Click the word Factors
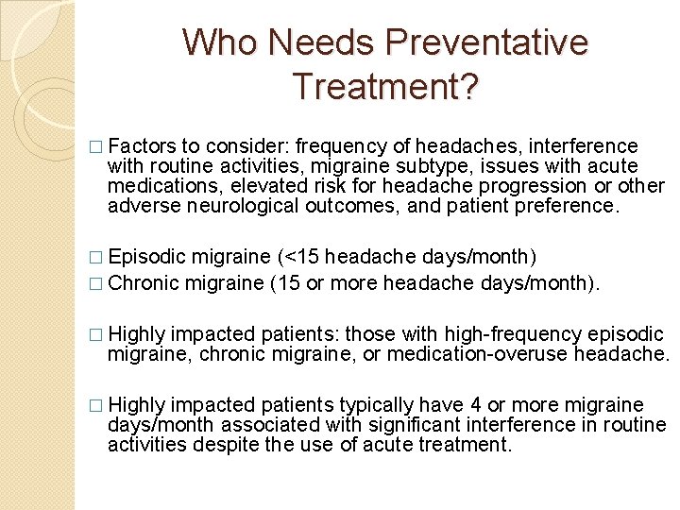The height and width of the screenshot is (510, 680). click(x=142, y=146)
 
